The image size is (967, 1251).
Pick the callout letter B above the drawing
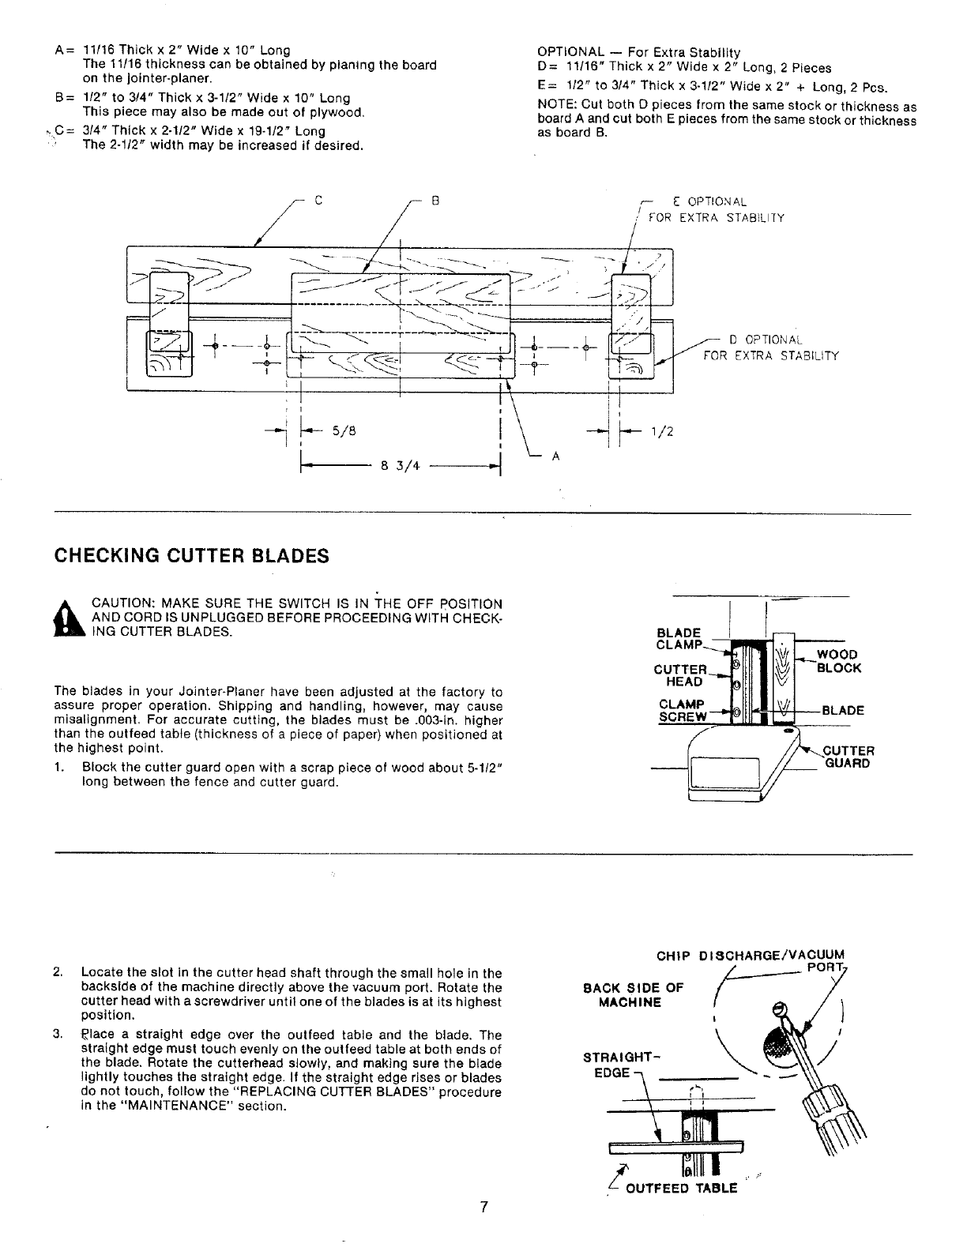pyautogui.click(x=435, y=201)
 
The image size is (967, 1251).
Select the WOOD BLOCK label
pyautogui.click(x=838, y=661)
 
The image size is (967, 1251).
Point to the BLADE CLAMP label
pyautogui.click(x=679, y=638)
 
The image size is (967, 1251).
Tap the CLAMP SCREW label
pyautogui.click(x=682, y=711)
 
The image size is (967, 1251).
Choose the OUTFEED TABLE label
pyautogui.click(x=681, y=1188)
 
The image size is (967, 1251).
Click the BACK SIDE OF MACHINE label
pyautogui.click(x=633, y=995)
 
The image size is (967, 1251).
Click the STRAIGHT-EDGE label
pyautogui.click(x=610, y=1065)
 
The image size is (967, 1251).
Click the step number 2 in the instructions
pyautogui.click(x=58, y=972)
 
